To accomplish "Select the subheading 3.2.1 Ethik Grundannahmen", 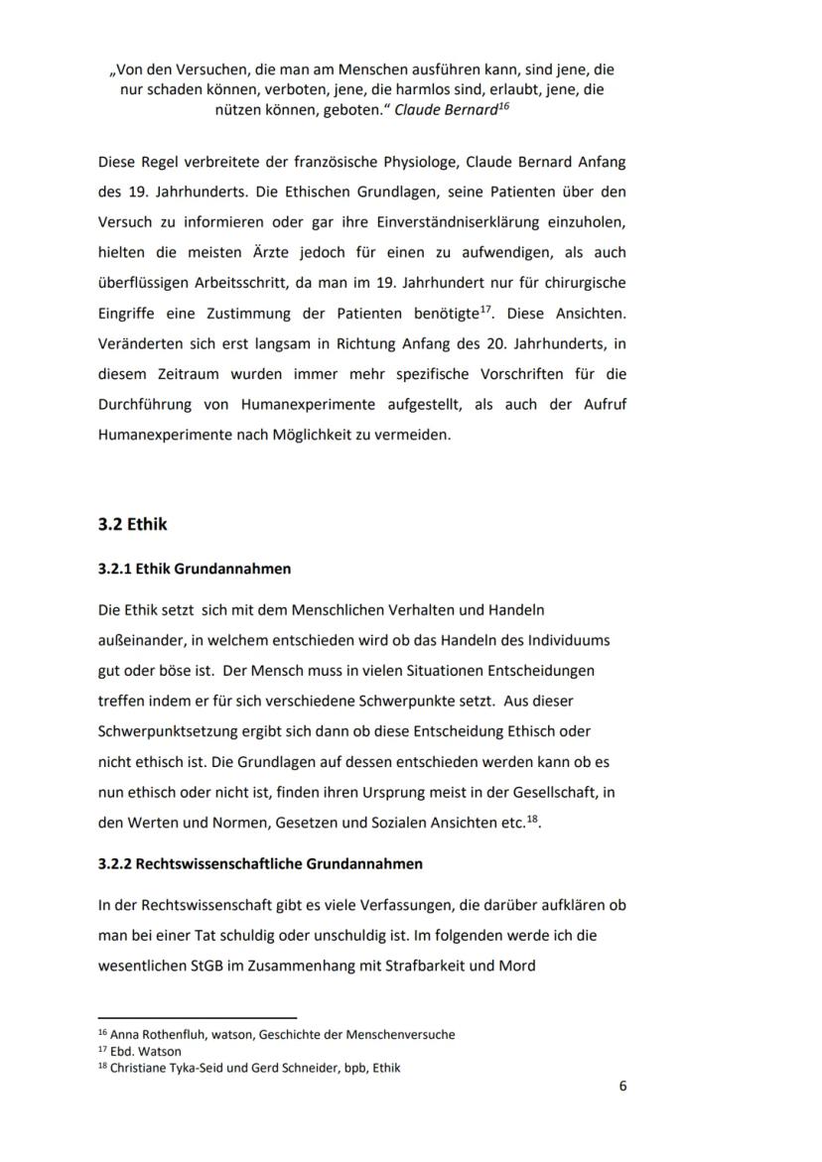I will pos(195,570).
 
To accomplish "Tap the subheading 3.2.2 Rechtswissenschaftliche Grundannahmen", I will pos(260,863).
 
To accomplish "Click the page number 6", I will pos(622,1086).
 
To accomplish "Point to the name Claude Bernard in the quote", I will pos(444,111).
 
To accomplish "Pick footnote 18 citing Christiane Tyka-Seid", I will pos(249,1069).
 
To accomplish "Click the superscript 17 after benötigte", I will pos(485,309).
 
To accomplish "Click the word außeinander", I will pos(138,639).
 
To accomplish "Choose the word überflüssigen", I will pos(144,282).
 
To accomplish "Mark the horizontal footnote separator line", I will pos(197,1017).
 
